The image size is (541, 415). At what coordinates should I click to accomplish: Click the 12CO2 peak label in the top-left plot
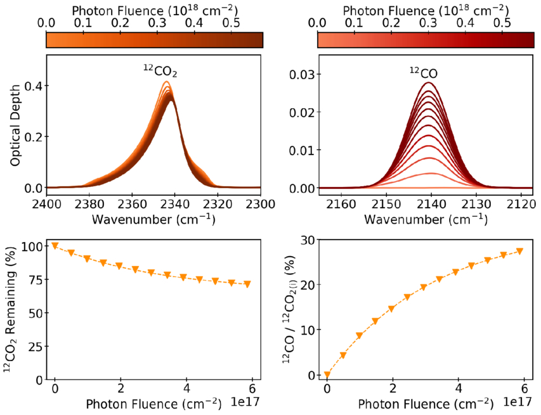159,72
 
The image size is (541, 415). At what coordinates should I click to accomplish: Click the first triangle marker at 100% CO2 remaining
55,246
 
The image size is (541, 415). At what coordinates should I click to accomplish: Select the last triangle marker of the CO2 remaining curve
247,284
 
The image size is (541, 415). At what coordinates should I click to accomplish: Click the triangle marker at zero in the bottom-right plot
327,375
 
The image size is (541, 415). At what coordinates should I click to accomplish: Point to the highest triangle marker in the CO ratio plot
519,252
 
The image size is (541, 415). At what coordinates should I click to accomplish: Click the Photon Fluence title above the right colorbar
426,10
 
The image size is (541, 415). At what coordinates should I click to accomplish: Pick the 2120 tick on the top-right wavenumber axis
523,204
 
